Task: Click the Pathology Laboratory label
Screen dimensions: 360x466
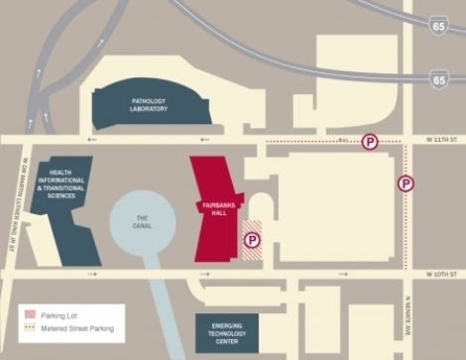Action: [x=148, y=105]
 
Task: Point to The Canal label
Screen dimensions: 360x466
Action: [x=142, y=221]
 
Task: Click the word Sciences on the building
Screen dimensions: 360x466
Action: [x=59, y=197]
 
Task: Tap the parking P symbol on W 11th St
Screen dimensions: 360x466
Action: [x=370, y=143]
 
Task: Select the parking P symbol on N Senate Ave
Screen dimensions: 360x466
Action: [x=406, y=183]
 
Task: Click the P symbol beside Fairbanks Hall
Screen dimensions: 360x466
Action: [x=252, y=239]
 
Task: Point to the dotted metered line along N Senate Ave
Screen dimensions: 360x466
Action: [x=406, y=228]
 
